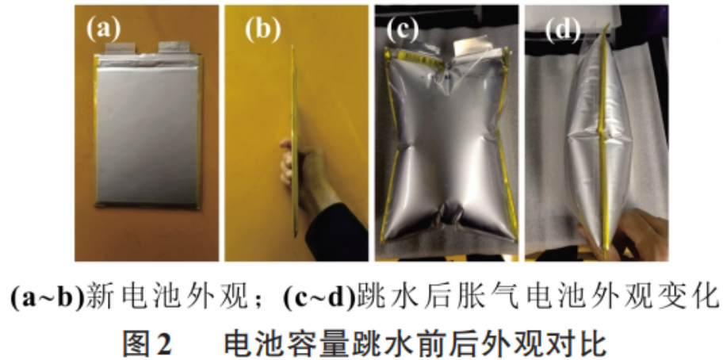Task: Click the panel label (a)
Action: (x=104, y=29)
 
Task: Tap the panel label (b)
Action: (x=262, y=29)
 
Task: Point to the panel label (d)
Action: (x=563, y=29)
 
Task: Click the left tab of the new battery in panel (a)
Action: (x=120, y=48)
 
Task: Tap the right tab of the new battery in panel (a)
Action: (x=174, y=47)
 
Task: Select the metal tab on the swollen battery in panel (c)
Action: (x=469, y=48)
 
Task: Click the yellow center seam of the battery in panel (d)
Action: (x=602, y=138)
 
